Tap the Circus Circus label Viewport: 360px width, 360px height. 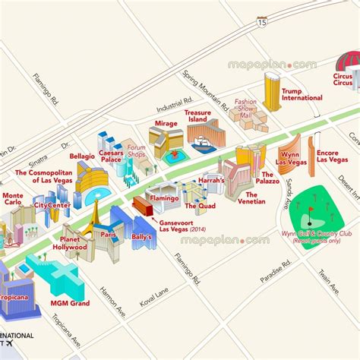pyautogui.click(x=344, y=82)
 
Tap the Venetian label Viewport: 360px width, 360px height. pyautogui.click(x=251, y=199)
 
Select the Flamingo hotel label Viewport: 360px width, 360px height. pyautogui.click(x=163, y=197)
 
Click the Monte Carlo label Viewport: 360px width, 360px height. pyautogui.click(x=12, y=199)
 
